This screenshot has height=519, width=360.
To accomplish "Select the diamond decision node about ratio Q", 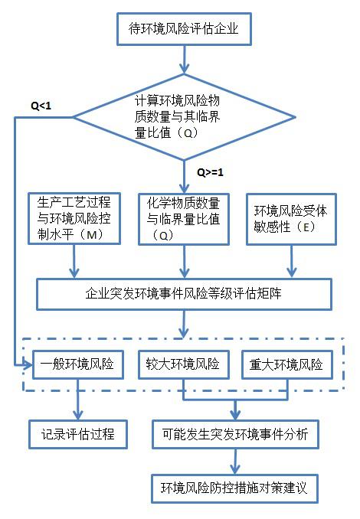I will pos(183,117).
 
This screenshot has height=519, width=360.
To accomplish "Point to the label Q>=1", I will pos(210,171).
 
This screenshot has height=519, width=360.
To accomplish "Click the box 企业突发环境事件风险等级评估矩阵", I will pos(184,292).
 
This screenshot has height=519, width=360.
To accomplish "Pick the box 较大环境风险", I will pos(184,364).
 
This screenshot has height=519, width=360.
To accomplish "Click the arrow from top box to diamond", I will pos(183,60).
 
